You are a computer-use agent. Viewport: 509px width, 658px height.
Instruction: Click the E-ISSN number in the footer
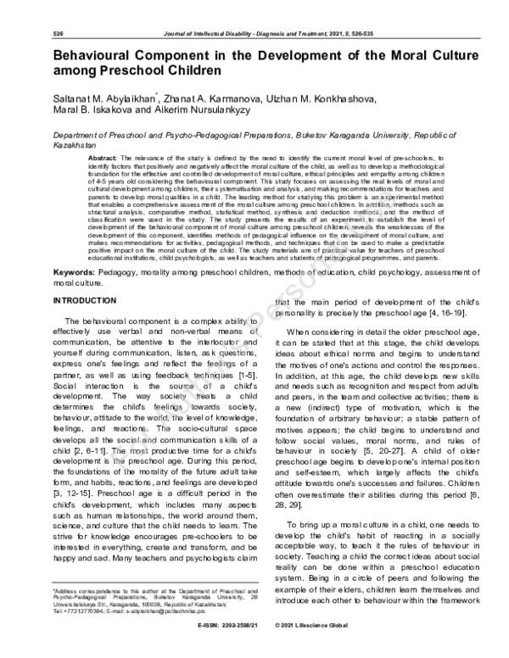point(221,646)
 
